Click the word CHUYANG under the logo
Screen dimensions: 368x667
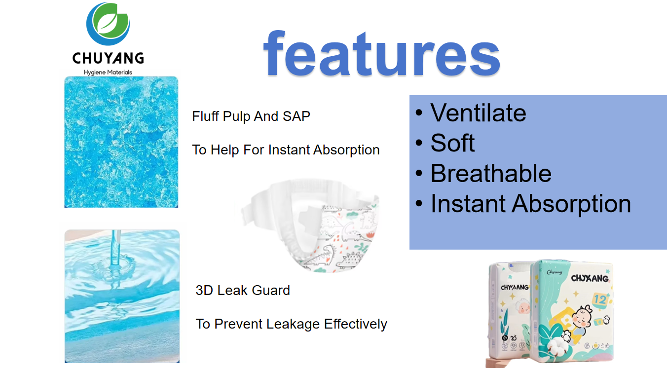click(108, 58)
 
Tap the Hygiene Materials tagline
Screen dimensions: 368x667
click(108, 73)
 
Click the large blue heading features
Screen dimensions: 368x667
click(381, 53)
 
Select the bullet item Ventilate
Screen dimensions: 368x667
click(478, 113)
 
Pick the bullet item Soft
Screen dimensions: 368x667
click(452, 143)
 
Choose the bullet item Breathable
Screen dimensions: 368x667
click(490, 174)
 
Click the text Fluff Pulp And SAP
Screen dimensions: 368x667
click(251, 116)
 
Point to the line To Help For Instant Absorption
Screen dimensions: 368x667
click(286, 150)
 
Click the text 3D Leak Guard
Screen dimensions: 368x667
click(243, 290)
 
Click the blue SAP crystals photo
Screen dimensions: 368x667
click(121, 142)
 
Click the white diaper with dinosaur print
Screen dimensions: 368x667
click(335, 237)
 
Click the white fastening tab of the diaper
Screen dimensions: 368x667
click(257, 212)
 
